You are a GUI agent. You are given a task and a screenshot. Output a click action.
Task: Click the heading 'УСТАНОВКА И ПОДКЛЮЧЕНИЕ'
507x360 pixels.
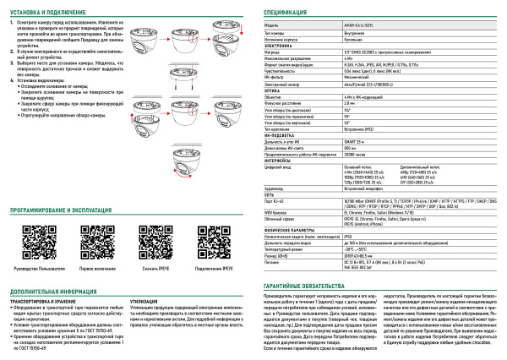click(x=52, y=11)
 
